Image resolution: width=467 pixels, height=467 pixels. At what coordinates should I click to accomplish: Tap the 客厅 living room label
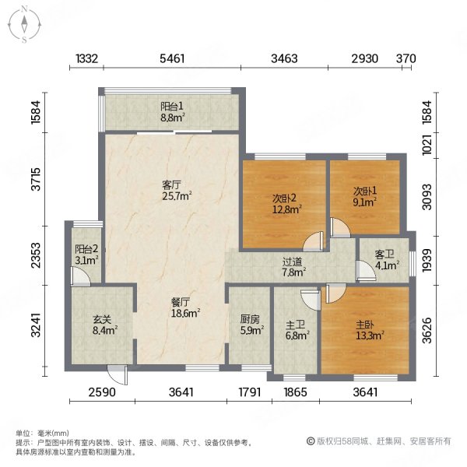[x=172, y=185]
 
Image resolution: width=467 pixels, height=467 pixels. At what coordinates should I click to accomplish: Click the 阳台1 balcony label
[x=172, y=107]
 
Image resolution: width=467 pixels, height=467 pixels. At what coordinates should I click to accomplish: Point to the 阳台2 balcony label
[x=86, y=249]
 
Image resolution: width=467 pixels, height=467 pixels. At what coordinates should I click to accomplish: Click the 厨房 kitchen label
[x=249, y=318]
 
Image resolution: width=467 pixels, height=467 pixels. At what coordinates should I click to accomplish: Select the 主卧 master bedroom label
[x=364, y=325]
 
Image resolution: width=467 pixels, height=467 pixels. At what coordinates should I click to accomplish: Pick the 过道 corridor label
[x=293, y=262]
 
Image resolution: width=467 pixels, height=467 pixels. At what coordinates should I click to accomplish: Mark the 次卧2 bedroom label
[x=284, y=196]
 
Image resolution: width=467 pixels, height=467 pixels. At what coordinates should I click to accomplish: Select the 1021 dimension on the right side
[x=426, y=145]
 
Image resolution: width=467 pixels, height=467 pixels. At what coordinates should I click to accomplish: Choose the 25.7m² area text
[x=176, y=196]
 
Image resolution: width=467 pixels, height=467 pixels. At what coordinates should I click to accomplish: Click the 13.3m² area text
[x=368, y=335]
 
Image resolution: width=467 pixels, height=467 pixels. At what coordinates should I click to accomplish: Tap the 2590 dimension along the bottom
[x=102, y=392]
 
